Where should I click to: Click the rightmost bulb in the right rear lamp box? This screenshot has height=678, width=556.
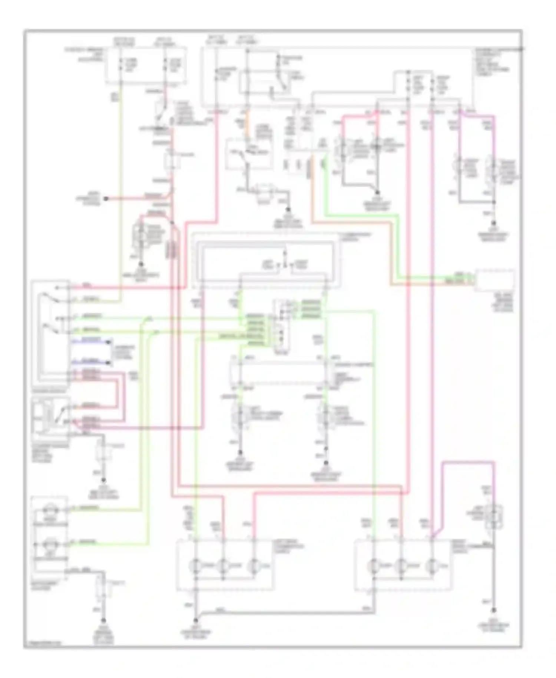tap(431, 566)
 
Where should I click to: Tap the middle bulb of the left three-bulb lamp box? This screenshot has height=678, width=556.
tap(223, 566)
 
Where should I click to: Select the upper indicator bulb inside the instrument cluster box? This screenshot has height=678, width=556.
tap(50, 510)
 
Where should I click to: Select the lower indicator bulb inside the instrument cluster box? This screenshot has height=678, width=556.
tap(50, 544)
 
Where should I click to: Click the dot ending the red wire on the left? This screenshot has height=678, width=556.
tap(106, 199)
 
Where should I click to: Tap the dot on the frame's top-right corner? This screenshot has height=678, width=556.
tap(522, 49)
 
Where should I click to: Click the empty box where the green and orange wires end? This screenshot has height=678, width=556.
tap(495, 281)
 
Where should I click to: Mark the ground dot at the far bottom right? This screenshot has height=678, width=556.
tap(494, 610)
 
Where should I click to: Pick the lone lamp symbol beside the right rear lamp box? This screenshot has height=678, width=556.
tap(494, 515)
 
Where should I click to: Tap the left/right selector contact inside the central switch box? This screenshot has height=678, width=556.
tap(285, 265)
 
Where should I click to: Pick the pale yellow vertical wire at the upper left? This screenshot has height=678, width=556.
tap(120, 185)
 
